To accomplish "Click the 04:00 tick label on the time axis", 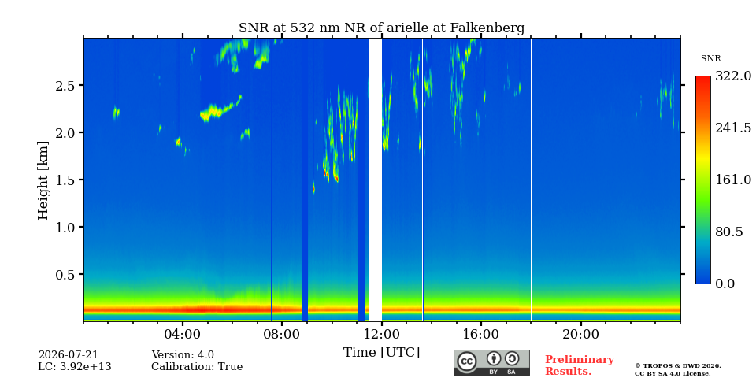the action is [183, 335].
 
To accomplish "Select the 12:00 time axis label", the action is [382, 335].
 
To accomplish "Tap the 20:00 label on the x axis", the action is [580, 335].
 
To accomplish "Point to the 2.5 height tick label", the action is [65, 86].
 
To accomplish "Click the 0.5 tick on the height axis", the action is [65, 275].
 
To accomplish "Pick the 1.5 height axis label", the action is [65, 180].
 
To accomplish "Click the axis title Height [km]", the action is [43, 180].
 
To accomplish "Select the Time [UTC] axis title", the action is [381, 353].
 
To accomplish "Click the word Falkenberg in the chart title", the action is [487, 28].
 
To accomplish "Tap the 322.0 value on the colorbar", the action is [732, 76].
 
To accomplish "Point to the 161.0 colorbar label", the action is [732, 180].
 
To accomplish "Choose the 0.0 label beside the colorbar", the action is [724, 283].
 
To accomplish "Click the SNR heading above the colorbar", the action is [710, 59].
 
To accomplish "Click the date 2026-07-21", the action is [68, 355].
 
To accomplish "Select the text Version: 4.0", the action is [183, 355].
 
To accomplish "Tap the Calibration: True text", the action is [197, 367].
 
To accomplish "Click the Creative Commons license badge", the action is [491, 362].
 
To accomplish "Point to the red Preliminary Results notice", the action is [580, 365].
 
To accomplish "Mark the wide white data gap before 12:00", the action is [375, 180].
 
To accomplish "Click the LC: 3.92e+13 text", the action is [75, 367].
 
